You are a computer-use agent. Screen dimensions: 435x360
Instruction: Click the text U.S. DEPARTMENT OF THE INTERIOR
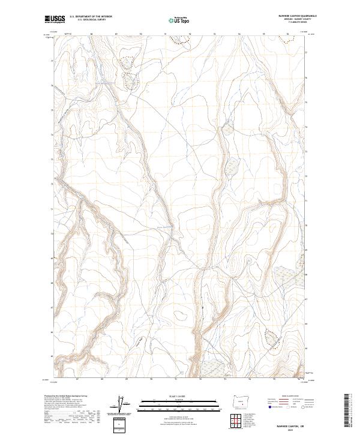[91, 17]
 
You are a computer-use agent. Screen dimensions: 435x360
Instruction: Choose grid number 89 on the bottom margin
[127, 379]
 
